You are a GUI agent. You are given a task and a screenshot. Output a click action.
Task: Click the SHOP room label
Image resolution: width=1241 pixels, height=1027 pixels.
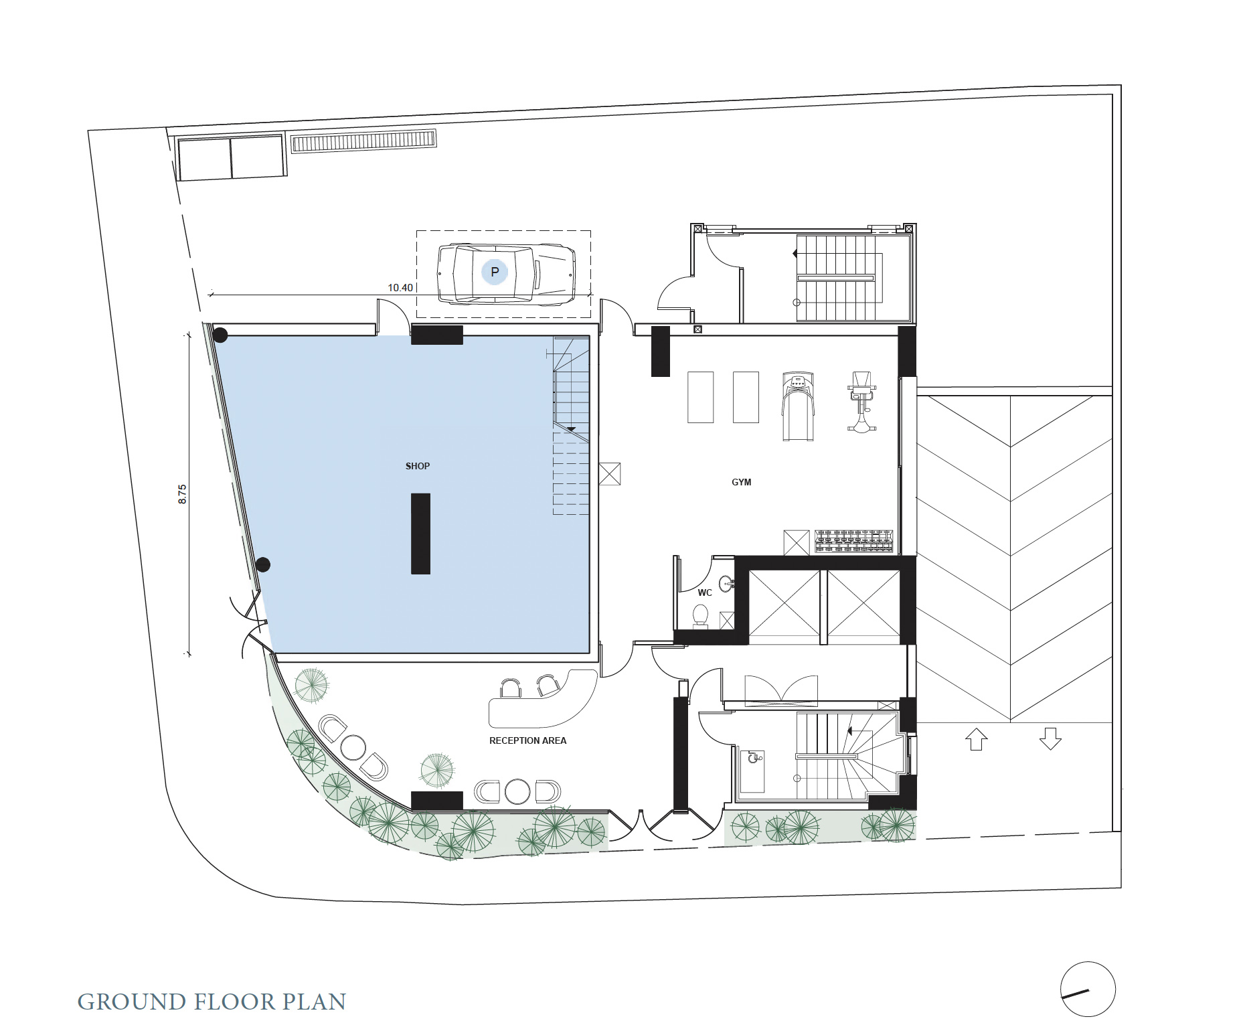click(417, 466)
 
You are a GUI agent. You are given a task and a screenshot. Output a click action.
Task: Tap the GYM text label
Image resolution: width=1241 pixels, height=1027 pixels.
click(741, 482)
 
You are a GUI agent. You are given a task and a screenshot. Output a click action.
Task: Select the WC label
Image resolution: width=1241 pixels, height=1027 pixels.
click(705, 592)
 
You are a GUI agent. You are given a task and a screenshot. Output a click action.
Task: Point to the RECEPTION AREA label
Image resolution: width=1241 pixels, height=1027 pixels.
click(527, 740)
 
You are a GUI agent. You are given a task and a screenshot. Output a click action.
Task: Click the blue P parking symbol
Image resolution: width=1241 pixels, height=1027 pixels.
click(495, 272)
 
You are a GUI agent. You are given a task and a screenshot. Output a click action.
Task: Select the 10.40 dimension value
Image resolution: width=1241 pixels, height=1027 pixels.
click(400, 288)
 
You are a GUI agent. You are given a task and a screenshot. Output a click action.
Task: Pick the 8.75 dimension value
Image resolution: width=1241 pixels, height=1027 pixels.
click(182, 494)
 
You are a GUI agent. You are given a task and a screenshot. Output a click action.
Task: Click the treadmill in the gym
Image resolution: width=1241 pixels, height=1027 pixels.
click(798, 406)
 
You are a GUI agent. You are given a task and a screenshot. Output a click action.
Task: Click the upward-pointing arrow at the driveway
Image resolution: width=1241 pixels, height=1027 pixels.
click(976, 738)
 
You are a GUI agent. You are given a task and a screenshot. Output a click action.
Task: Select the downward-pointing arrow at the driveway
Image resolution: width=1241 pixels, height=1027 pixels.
click(1050, 738)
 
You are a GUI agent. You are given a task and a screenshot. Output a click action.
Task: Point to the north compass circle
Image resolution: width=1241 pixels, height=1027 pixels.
click(1088, 989)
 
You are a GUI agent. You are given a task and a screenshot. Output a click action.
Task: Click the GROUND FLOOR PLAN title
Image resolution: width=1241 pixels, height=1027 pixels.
click(212, 1002)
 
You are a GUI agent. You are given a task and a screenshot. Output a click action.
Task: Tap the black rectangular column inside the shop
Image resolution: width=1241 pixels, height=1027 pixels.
click(420, 534)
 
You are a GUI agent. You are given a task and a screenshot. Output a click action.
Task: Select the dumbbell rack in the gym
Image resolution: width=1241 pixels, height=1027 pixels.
click(854, 541)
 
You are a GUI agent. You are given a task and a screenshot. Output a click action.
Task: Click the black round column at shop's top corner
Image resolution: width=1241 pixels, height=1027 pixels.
click(220, 335)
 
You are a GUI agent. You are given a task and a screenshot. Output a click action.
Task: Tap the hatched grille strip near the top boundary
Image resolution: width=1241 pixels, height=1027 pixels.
click(363, 141)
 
